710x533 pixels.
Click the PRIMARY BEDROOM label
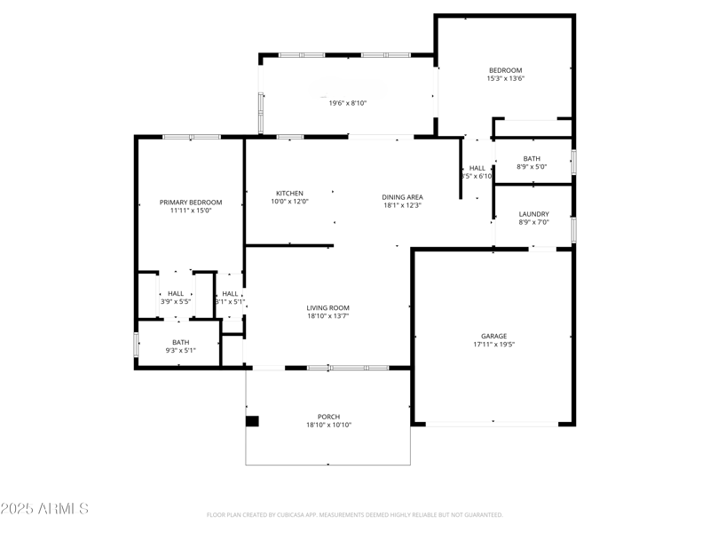[x=191, y=203]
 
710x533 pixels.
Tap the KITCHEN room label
[x=289, y=194]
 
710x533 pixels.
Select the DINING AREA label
[x=402, y=197]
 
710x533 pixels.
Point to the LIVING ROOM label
[x=328, y=307]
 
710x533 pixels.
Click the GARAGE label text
[x=493, y=336]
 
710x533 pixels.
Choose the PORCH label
[x=328, y=417]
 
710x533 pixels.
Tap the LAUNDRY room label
[x=533, y=214]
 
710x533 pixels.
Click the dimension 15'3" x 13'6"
[x=505, y=79]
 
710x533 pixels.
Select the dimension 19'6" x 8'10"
[x=348, y=103]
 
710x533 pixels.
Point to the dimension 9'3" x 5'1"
[x=180, y=350]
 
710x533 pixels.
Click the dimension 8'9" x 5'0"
[x=532, y=166]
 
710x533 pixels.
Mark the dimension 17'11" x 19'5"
[x=493, y=345]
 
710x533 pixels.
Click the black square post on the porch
[x=252, y=421]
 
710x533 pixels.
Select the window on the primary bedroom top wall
[x=192, y=137]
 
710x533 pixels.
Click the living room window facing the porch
[x=347, y=367]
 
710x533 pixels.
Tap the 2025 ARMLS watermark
[x=44, y=509]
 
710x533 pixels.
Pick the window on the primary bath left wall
[x=136, y=344]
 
